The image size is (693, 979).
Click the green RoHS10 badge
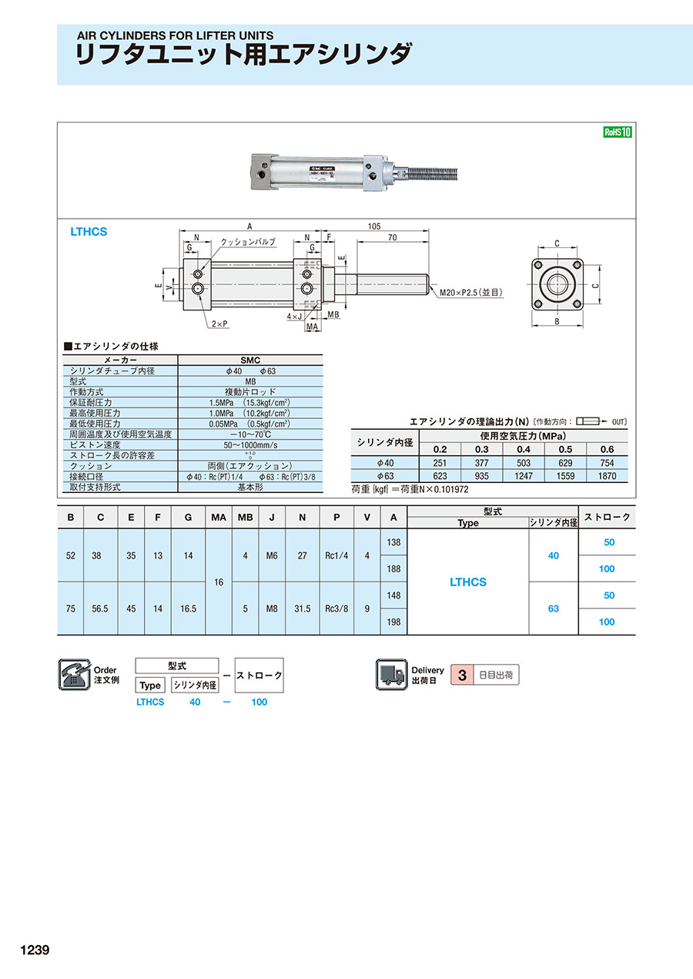coord(618,132)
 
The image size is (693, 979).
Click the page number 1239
coord(35,950)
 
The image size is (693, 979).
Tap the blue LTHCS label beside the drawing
coord(89,232)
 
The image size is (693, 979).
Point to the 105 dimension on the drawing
coord(374,226)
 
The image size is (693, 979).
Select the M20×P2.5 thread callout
coord(471,293)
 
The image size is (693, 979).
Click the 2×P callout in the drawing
coord(219,324)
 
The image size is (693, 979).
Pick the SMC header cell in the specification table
coord(250,360)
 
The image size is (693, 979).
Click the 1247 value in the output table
coord(524,476)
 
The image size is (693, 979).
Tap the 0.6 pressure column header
coord(607,449)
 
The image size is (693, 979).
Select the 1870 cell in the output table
coord(607,476)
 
